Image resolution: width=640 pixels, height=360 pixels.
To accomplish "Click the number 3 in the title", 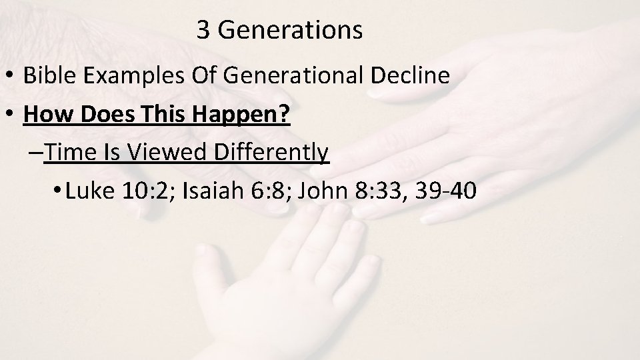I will click(x=204, y=31).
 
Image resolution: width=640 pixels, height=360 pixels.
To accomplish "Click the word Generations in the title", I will click(x=290, y=31).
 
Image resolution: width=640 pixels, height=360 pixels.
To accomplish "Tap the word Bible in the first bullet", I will click(x=47, y=76).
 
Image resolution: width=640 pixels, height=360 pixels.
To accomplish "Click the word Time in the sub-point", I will click(x=73, y=153).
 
